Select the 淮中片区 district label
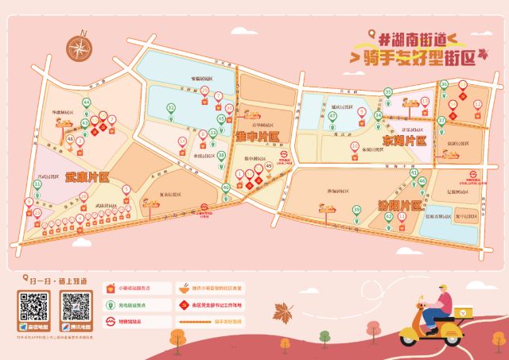[258, 137]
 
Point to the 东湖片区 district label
[404, 141]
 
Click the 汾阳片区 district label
[398, 205]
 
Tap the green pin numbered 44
[86, 103]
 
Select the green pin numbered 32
[171, 109]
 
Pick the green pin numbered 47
[332, 117]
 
